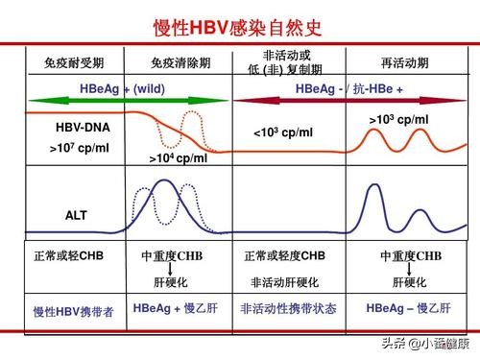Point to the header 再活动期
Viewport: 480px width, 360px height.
click(405, 63)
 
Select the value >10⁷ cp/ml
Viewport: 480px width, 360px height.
click(80, 149)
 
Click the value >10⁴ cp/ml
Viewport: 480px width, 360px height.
click(179, 158)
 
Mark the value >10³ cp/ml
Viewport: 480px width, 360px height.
click(398, 118)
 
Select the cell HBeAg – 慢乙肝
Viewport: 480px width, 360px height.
click(405, 309)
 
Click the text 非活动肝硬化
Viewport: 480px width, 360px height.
click(285, 282)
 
